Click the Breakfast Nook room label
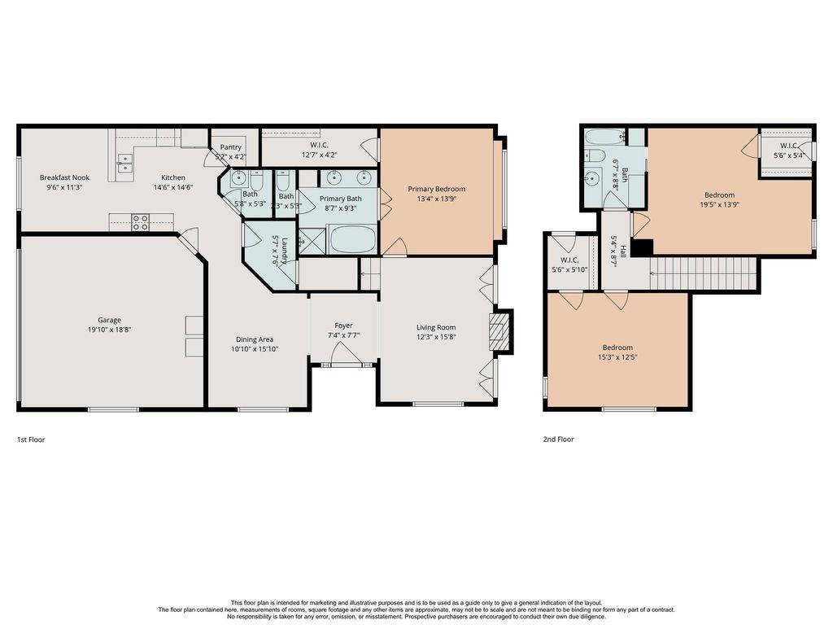[65, 177]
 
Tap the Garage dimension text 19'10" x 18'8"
[110, 330]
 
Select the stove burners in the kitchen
[140, 222]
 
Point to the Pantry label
[230, 147]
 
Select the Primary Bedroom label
[437, 189]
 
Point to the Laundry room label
[285, 251]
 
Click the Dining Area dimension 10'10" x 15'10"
[255, 349]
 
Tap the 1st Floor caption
[31, 439]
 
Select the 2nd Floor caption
[558, 439]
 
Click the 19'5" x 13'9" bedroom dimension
[720, 204]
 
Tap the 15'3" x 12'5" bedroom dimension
[617, 357]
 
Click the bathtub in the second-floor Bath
[605, 137]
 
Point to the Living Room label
[436, 327]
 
